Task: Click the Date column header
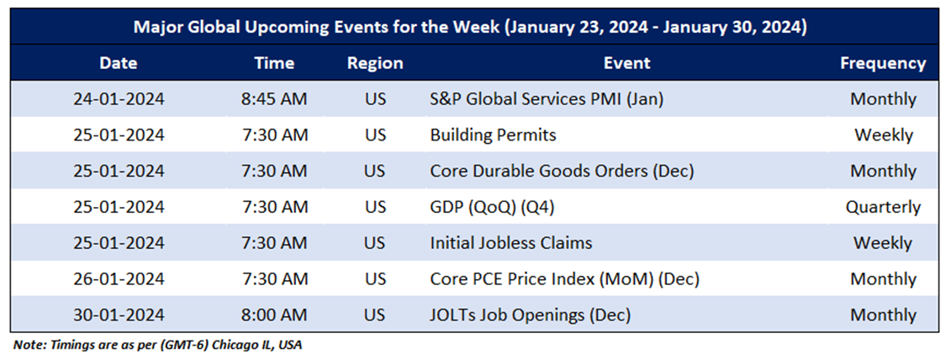click(119, 63)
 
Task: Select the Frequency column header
click(883, 63)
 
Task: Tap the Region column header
click(375, 63)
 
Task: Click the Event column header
click(627, 63)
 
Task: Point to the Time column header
click(274, 63)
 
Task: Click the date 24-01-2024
click(119, 99)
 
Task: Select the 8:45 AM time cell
click(274, 99)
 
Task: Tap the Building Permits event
click(493, 135)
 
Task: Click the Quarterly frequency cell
click(883, 208)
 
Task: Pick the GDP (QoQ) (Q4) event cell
click(492, 208)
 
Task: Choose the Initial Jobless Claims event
click(511, 243)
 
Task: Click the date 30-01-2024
click(119, 315)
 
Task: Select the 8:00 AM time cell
click(274, 315)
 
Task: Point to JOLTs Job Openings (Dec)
click(531, 315)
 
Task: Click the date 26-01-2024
click(119, 279)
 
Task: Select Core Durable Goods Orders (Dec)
click(563, 172)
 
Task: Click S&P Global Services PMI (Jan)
click(547, 99)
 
